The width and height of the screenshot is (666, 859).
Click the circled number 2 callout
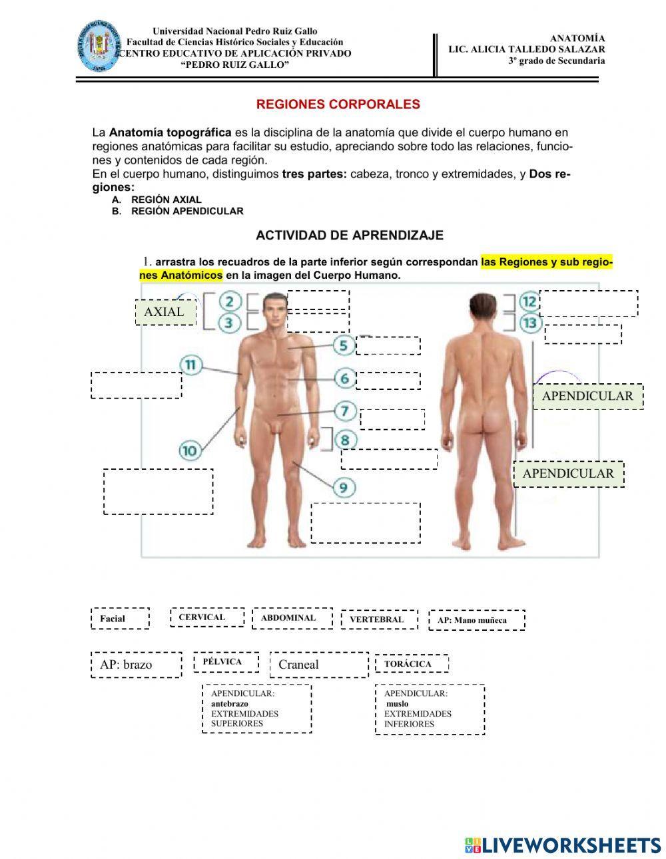(230, 301)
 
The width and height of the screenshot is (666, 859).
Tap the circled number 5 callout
(344, 345)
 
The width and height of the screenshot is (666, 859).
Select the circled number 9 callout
(344, 488)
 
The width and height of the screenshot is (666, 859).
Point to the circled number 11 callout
(190, 365)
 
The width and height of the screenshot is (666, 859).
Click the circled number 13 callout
(529, 323)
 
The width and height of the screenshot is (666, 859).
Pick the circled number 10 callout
(190, 450)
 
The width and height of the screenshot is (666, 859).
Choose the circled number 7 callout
(344, 411)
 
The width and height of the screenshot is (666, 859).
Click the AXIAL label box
(166, 311)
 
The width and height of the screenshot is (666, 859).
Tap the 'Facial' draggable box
(120, 618)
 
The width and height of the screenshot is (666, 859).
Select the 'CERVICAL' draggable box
(206, 617)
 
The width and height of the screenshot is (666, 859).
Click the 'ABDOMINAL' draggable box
(292, 617)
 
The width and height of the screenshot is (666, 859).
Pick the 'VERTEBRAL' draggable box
(379, 619)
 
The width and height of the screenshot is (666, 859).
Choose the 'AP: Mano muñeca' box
(476, 620)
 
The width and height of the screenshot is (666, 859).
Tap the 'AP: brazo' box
(136, 665)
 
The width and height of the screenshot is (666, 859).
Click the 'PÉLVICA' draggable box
(226, 662)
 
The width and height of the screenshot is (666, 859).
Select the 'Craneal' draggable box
(318, 665)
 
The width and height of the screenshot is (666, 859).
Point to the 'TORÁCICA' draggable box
(411, 663)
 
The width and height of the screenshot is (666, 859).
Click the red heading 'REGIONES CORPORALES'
(338, 104)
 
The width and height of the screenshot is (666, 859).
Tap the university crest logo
(99, 46)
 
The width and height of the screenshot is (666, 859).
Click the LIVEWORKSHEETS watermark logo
(562, 844)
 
